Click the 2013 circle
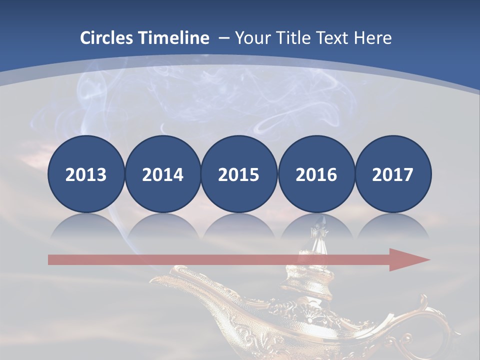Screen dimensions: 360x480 86,174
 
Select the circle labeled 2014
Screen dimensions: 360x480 162,174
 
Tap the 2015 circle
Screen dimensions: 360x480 239,174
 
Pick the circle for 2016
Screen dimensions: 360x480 316,174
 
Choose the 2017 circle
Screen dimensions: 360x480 392,174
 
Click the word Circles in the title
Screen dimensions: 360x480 107,38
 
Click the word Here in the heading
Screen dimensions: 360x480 372,38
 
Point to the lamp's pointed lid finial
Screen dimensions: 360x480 316,231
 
